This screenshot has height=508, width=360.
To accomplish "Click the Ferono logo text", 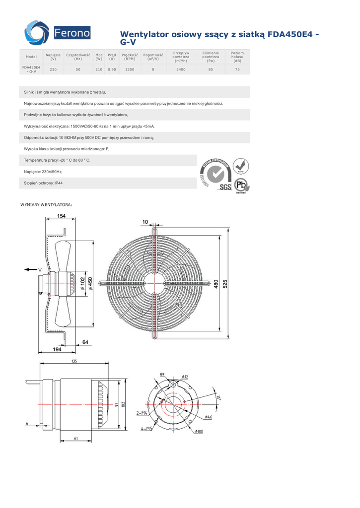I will coord(72,34).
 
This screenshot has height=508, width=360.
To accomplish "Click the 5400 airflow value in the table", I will coord(181,69).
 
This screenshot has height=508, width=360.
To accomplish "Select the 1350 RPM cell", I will coord(130,69).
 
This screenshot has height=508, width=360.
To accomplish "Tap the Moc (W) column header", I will coord(99,57).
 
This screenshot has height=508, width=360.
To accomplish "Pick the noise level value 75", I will coord(237,69).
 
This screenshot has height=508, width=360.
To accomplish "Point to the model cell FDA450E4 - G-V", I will coord(31,69).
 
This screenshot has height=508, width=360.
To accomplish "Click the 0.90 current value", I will coord(112,69).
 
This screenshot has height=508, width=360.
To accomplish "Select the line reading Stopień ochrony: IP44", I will coord(43,183).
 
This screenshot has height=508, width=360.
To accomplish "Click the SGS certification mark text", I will coord(226,188).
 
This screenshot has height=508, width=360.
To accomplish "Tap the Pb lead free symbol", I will coord(241,186).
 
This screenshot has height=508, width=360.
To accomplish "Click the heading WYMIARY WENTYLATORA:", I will coord(46,204).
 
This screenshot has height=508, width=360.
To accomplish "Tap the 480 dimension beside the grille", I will coord(216,284).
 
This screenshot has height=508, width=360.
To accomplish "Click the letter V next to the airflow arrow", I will coord(40,269).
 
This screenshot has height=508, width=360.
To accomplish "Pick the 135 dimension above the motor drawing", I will coord(74,361).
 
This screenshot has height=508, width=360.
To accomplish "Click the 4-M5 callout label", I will coord(146,428).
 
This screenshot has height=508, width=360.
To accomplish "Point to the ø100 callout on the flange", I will coord(199,432).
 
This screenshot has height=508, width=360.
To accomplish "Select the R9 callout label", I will coord(162,375).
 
